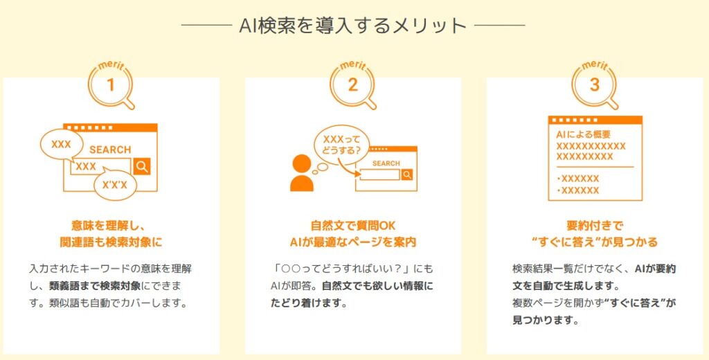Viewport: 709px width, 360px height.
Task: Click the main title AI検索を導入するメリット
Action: click(x=352, y=26)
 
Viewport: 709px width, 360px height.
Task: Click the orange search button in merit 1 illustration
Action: click(x=142, y=166)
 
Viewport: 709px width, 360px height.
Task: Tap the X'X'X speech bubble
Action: click(x=115, y=185)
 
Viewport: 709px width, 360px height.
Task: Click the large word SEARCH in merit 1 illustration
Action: click(x=110, y=150)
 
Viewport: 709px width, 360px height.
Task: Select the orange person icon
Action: click(x=302, y=173)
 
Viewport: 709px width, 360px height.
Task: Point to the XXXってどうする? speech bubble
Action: click(x=341, y=145)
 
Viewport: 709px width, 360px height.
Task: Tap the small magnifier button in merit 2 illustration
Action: click(x=407, y=174)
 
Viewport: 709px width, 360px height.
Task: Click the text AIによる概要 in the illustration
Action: click(x=583, y=134)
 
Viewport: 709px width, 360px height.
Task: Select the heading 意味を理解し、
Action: click(x=111, y=225)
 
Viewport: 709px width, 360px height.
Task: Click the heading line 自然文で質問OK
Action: click(x=353, y=225)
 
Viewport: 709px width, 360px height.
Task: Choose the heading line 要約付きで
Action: click(x=595, y=225)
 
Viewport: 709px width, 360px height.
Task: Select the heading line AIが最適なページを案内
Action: click(x=353, y=242)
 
